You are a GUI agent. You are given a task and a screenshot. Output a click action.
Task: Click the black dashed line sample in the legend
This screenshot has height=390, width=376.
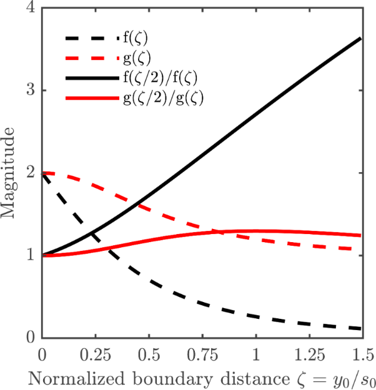point(91,40)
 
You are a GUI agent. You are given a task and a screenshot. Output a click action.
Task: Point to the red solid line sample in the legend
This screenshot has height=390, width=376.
point(91,98)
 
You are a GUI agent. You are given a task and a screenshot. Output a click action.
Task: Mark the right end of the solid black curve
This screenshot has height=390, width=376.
point(361,39)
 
